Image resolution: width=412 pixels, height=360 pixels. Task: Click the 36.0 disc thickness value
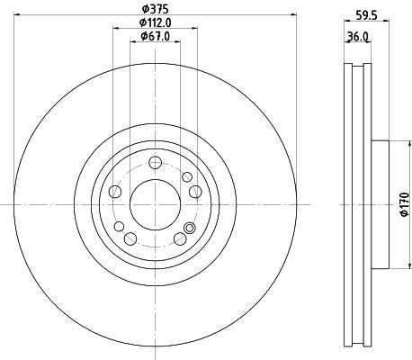[358, 37]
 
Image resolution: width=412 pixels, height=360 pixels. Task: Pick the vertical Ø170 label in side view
[403, 205]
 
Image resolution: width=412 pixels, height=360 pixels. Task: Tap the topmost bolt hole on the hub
[155, 162]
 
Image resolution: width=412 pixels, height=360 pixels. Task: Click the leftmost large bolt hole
[114, 192]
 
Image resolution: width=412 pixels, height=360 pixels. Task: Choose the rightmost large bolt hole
[195, 192]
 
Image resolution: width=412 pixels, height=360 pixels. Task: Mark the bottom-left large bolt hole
[130, 238]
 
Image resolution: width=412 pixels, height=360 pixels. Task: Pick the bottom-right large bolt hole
[180, 238]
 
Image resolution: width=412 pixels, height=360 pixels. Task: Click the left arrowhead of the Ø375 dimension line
[19, 15]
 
